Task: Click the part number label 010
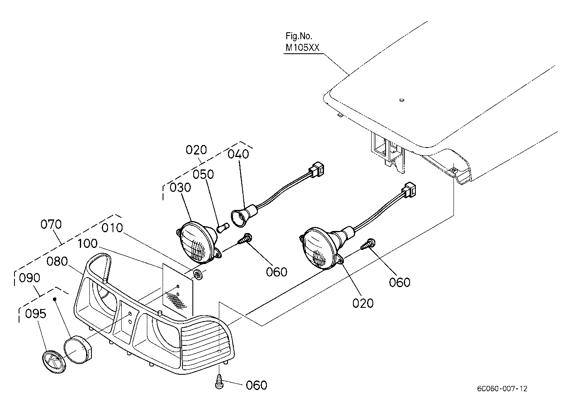point(112,228)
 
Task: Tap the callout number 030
point(180,188)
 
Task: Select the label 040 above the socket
point(238,154)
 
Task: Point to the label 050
point(203,174)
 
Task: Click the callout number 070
point(51,224)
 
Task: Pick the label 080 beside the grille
point(57,262)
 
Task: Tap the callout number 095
point(36,314)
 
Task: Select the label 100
point(87,244)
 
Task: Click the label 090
point(29,278)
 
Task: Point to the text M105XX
point(302,48)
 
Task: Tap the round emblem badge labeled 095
point(54,362)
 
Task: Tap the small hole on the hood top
point(402,100)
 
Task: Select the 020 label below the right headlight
point(363,303)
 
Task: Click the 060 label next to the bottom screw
point(257,385)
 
